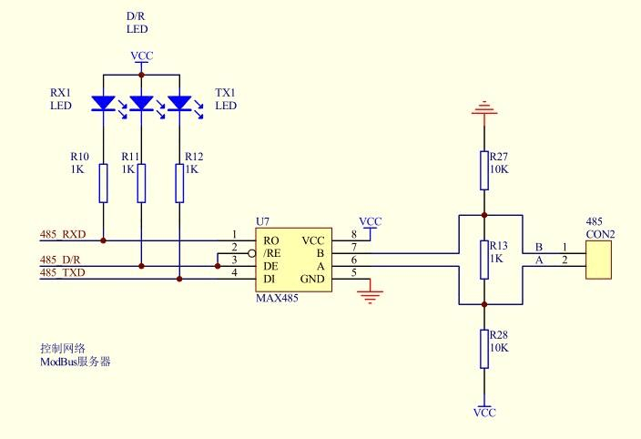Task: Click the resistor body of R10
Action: (104, 183)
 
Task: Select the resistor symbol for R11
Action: (141, 183)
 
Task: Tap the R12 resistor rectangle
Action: (179, 183)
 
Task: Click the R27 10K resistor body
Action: (484, 170)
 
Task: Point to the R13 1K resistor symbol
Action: (484, 260)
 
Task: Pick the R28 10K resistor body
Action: (484, 349)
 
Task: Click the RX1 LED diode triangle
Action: (104, 103)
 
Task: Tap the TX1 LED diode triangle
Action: (179, 103)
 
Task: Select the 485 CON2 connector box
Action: (598, 260)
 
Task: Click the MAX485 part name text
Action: (277, 298)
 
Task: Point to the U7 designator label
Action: (262, 221)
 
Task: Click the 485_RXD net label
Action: (63, 234)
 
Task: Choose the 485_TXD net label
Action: (63, 272)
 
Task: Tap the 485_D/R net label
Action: (60, 260)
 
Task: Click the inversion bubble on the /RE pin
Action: (252, 253)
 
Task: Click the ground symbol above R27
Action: (484, 107)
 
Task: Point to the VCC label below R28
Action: (484, 413)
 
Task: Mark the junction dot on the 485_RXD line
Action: (104, 240)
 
